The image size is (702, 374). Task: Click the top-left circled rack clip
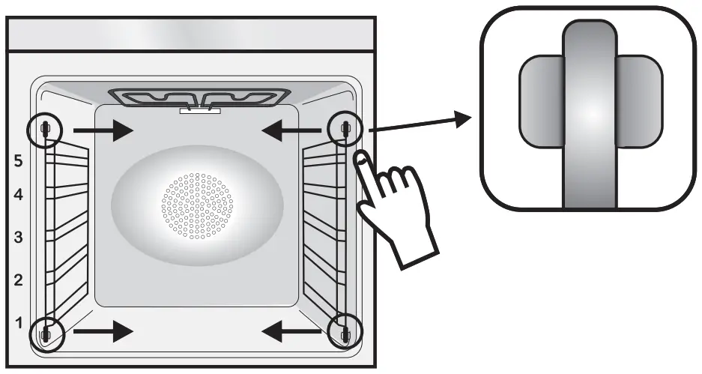coord(45,130)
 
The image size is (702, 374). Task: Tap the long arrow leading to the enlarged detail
coord(420,124)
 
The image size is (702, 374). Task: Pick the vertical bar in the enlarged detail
coord(590,112)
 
